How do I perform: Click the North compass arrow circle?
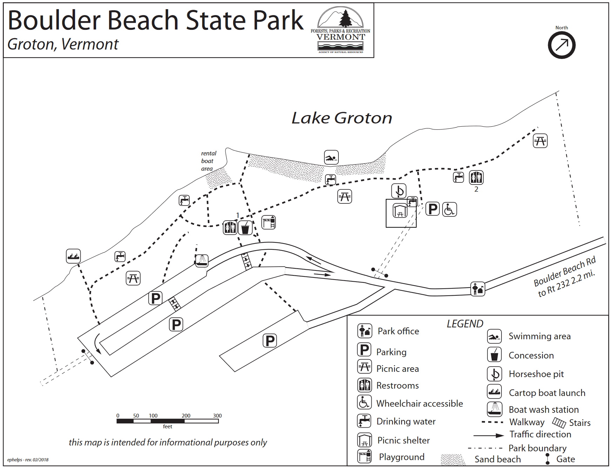[561, 45]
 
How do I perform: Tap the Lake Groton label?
[342, 118]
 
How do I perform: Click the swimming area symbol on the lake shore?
[331, 158]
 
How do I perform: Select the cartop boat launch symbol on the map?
[73, 256]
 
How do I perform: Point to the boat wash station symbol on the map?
[202, 261]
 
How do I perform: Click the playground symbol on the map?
[268, 222]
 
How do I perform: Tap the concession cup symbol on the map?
[245, 228]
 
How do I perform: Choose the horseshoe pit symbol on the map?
[399, 191]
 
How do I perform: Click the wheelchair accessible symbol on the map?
[449, 209]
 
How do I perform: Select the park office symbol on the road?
[477, 289]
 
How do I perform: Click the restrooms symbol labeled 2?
[476, 177]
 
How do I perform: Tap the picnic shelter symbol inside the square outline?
[400, 210]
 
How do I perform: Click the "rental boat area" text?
[208, 161]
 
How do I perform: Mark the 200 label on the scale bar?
[186, 416]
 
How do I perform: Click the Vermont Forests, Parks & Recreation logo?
[340, 31]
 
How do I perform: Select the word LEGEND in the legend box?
[465, 324]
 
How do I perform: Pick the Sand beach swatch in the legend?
[453, 460]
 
